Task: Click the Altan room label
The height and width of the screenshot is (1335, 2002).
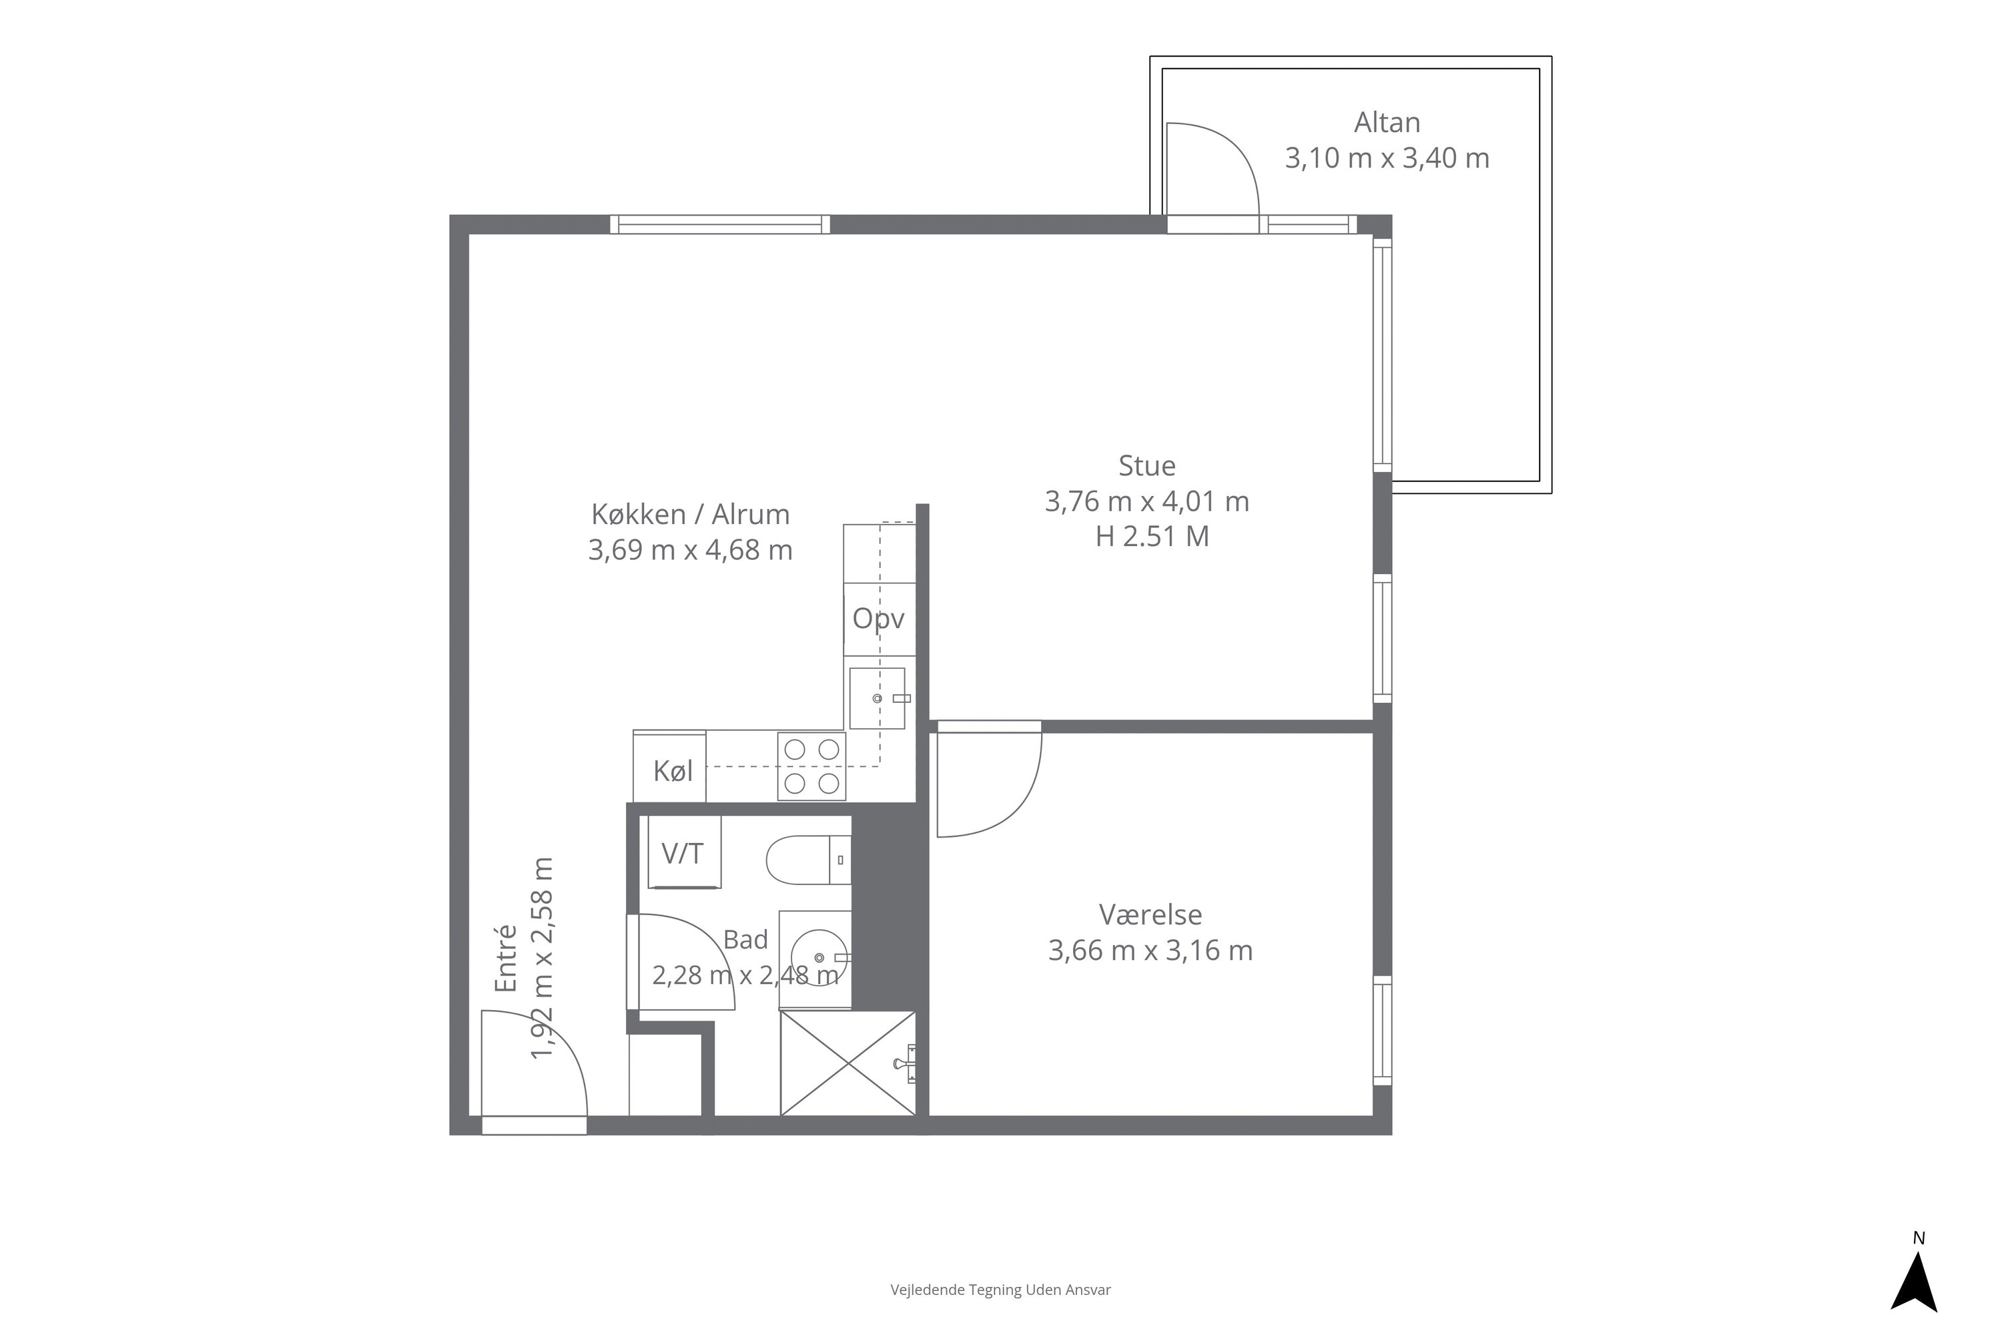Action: [1387, 123]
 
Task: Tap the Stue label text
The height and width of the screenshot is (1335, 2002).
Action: [1146, 466]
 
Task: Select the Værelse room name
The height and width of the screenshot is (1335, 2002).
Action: [1150, 914]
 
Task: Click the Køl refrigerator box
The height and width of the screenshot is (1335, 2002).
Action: [670, 766]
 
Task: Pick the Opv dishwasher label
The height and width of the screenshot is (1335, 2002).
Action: [878, 619]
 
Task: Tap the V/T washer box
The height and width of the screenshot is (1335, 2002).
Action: [685, 852]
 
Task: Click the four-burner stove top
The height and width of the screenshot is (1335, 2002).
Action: [811, 766]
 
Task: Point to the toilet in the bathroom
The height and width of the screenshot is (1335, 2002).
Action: [809, 860]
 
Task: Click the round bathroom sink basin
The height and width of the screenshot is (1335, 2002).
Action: [819, 958]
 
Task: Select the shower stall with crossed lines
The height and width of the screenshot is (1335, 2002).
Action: [848, 1063]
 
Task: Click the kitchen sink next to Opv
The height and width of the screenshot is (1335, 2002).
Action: [878, 698]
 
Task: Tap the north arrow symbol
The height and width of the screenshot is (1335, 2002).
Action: [1915, 1284]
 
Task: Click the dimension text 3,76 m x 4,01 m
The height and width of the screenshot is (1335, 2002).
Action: [1146, 501]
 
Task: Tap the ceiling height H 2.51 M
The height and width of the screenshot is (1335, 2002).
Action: [1152, 537]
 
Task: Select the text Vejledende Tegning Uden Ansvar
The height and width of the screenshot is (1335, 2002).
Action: [1000, 1290]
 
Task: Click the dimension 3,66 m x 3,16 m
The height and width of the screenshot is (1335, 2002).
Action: [1150, 950]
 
